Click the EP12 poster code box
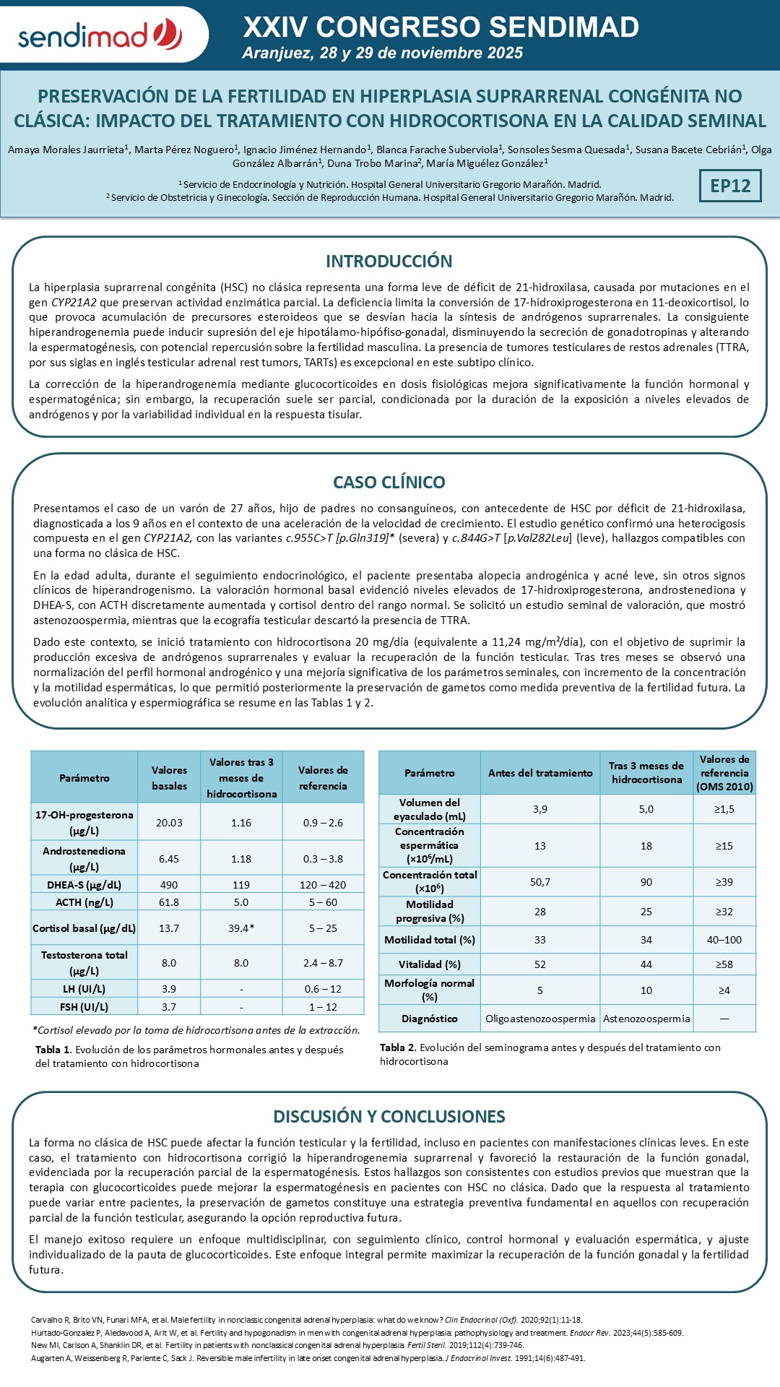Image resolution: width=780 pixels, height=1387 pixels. [730, 186]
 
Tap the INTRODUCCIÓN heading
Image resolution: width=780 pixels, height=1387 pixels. [389, 262]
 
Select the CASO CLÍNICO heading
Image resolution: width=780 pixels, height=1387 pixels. [389, 483]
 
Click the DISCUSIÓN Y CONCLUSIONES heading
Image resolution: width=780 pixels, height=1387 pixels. [389, 1117]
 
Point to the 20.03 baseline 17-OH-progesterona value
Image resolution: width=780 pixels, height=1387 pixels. [169, 823]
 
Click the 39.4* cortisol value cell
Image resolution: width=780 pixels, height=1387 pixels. [240, 928]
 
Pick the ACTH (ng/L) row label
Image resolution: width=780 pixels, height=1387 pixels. [84, 902]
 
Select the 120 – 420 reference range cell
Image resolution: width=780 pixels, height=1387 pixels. [323, 885]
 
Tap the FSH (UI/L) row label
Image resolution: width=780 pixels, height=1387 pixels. [84, 1007]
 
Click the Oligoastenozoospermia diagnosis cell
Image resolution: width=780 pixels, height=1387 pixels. [540, 1019]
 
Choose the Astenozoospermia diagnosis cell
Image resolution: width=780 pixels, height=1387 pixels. [646, 1019]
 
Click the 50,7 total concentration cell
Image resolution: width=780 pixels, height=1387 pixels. [540, 882]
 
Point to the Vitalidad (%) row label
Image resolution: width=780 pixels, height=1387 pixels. [430, 964]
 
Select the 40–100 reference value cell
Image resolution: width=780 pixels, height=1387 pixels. [724, 940]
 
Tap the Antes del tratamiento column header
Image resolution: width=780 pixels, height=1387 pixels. [540, 773]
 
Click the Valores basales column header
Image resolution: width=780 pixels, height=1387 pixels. [169, 778]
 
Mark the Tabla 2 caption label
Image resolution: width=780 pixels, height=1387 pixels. [398, 1047]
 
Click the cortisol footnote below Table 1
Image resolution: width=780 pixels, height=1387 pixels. [196, 1030]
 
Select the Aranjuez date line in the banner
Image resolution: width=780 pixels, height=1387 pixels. [383, 53]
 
